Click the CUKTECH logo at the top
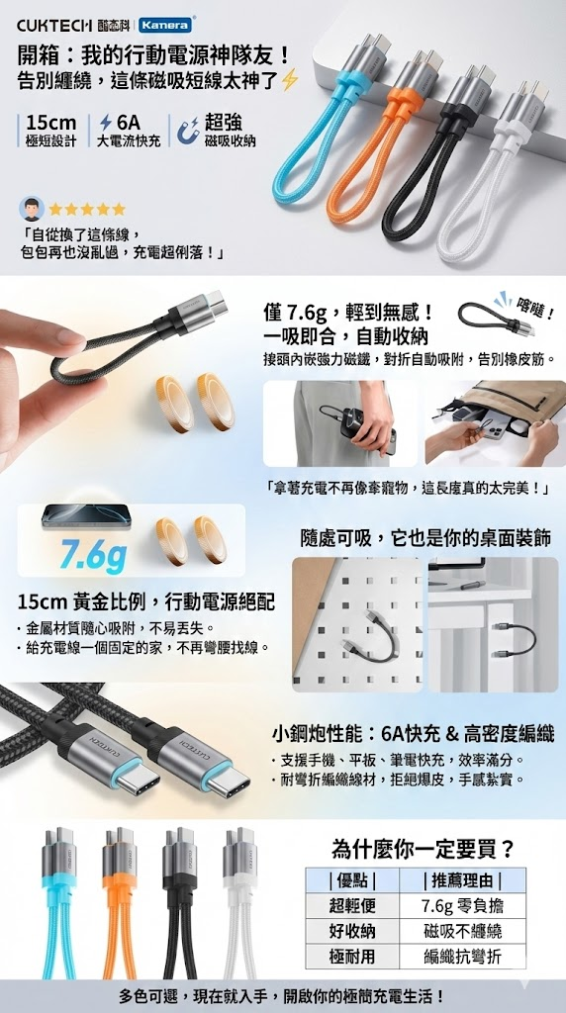coord(55,25)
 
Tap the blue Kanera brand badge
coord(155,25)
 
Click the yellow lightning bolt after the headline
coord(291,81)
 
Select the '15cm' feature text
coord(51,122)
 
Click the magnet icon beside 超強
coord(188,130)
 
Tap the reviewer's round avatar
coord(33,209)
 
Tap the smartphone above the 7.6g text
coord(86,516)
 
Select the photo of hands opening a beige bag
coord(496,423)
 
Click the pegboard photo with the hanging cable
coord(357,624)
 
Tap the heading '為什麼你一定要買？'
coord(424,848)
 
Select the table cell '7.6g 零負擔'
coord(462,906)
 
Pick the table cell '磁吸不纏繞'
coord(462,931)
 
